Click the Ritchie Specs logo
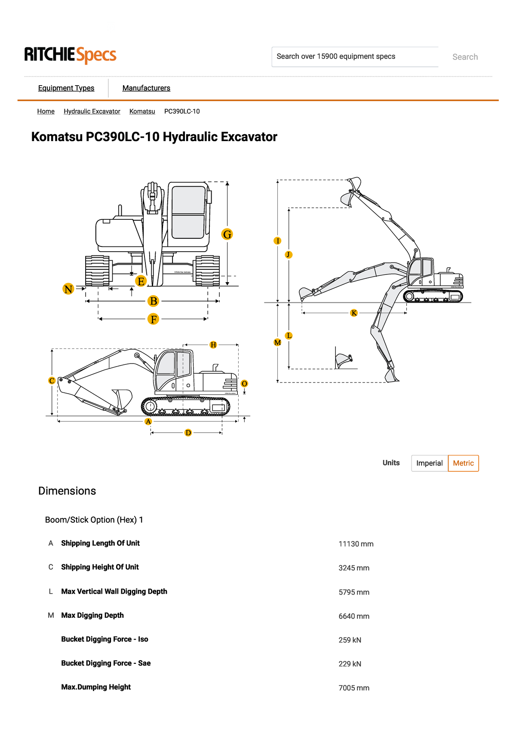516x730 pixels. click(70, 55)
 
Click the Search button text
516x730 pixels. click(465, 57)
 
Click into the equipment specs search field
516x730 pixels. click(355, 57)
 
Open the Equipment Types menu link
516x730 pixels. click(66, 88)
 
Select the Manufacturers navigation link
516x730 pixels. click(146, 88)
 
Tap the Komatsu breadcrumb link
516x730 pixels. click(142, 111)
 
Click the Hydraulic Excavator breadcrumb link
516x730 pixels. click(92, 111)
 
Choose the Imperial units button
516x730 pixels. click(429, 463)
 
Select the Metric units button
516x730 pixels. click(463, 463)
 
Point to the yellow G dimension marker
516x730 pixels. click(227, 234)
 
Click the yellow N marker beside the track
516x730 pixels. click(68, 289)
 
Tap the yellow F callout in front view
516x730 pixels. click(153, 319)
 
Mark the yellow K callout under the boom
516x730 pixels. click(354, 313)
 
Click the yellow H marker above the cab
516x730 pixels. click(213, 345)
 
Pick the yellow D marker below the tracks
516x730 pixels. click(188, 433)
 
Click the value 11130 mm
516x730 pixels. click(356, 544)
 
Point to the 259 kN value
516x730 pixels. click(350, 640)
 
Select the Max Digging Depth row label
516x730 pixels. click(92, 616)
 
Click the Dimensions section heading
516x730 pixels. click(67, 491)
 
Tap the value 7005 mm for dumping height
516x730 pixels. click(353, 688)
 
